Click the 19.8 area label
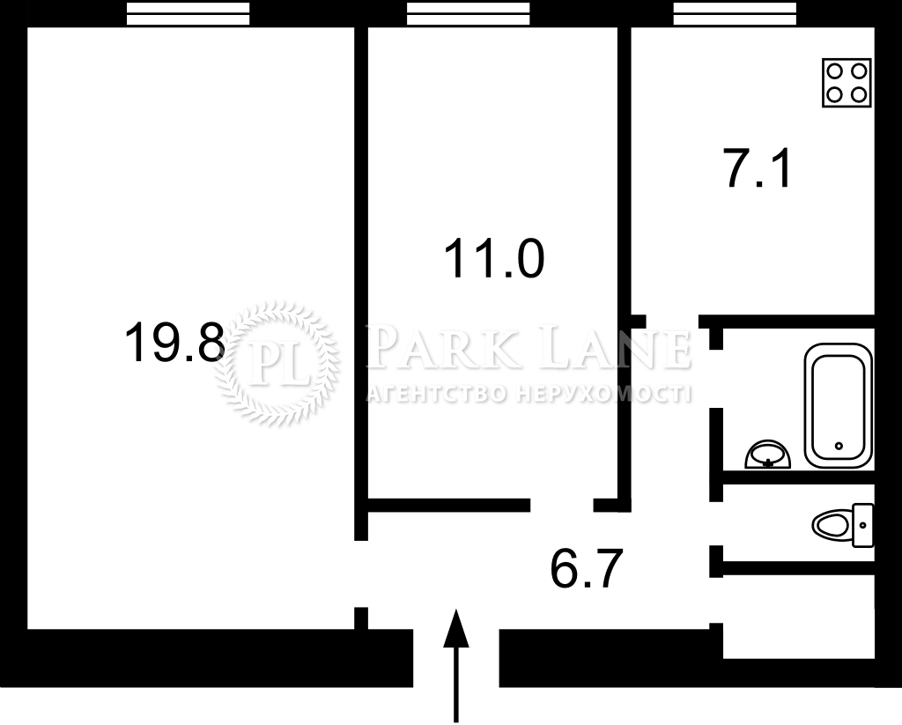(174, 343)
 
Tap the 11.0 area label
(494, 260)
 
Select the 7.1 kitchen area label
(758, 168)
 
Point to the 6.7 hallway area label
(587, 568)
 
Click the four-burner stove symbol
(847, 83)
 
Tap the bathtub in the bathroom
(839, 405)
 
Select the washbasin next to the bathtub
(767, 455)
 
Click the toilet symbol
(843, 525)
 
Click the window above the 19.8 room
(189, 14)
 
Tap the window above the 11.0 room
(469, 14)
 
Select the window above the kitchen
(736, 14)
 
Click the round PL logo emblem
(277, 364)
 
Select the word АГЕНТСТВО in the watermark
(437, 394)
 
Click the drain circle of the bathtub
(839, 446)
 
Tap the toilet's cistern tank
(863, 525)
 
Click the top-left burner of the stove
(835, 70)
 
